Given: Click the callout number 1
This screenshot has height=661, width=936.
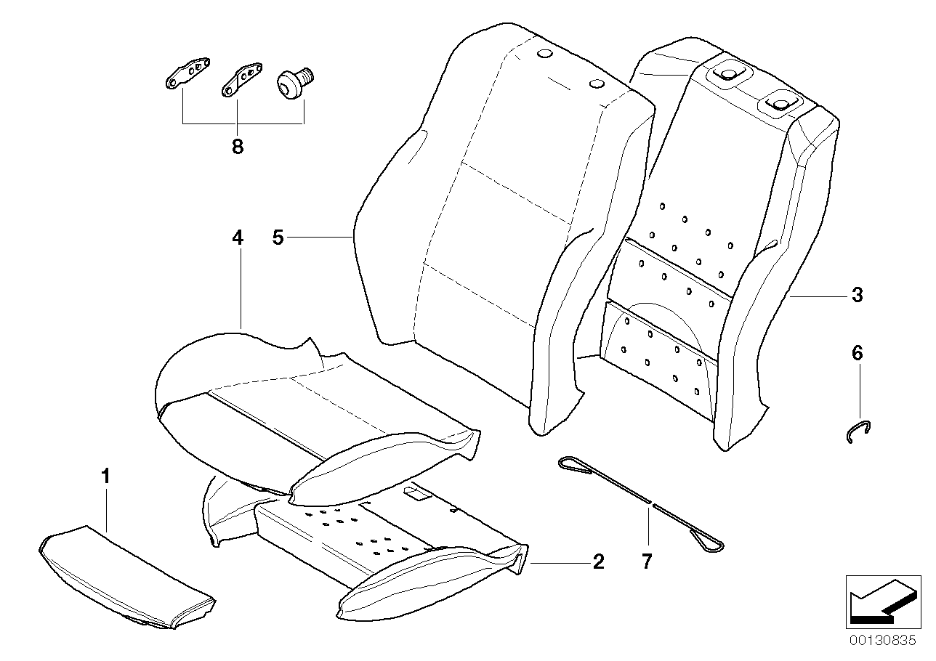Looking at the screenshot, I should pos(106,477).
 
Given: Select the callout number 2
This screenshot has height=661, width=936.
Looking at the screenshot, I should pos(597,561).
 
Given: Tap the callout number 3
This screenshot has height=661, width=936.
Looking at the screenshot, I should pos(857,295).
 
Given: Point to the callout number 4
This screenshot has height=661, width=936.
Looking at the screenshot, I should pos(238,238).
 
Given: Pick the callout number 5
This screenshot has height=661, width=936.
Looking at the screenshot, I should pos(278,237).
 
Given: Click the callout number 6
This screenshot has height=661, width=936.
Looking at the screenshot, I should pos(857,354).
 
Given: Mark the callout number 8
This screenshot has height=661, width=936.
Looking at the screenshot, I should pos(238,147).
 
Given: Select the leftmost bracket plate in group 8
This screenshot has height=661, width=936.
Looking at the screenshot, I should pos(185,76).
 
